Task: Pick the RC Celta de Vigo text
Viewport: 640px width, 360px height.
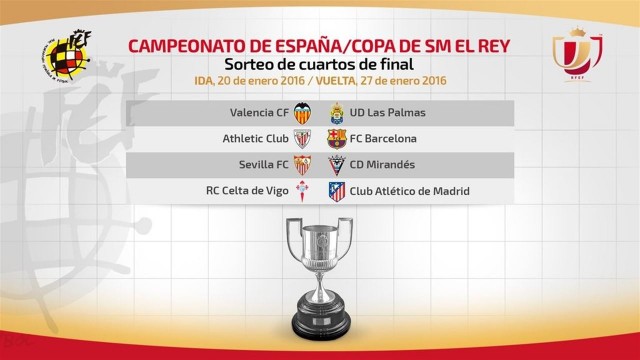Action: point(247,191)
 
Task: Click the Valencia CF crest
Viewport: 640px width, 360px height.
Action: point(302,113)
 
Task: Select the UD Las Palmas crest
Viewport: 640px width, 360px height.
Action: point(337,113)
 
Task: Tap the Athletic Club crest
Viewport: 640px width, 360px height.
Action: point(302,139)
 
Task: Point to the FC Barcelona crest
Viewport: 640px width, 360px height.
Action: point(337,139)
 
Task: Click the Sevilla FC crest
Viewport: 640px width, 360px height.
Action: point(302,165)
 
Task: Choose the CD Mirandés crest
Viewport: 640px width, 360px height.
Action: point(337,165)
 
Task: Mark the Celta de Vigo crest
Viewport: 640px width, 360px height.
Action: point(302,191)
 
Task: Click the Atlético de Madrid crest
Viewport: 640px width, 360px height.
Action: point(337,191)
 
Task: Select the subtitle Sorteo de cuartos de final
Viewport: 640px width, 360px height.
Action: point(319,64)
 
